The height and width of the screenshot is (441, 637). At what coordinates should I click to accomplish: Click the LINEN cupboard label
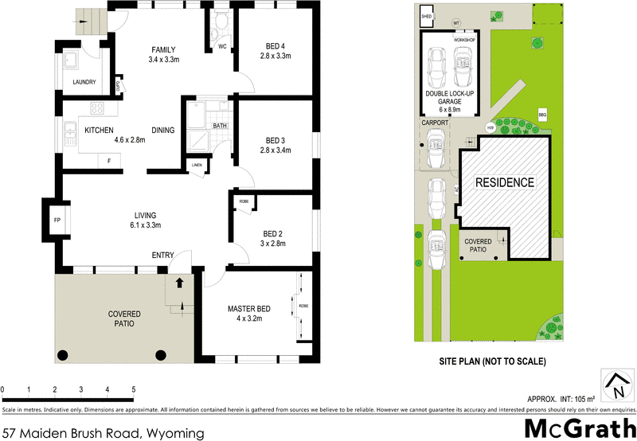pyautogui.click(x=197, y=166)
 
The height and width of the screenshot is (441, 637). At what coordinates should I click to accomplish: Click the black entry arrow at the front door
pyautogui.click(x=179, y=282)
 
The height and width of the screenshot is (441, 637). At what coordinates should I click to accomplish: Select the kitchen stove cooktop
pyautogui.click(x=97, y=109)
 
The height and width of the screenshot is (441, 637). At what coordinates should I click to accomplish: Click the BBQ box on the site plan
pyautogui.click(x=543, y=115)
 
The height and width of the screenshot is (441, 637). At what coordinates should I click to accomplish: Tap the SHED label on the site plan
pyautogui.click(x=427, y=15)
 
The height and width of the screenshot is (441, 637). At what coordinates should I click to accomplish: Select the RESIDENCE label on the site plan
pyautogui.click(x=505, y=182)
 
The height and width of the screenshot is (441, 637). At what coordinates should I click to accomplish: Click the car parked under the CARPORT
pyautogui.click(x=435, y=149)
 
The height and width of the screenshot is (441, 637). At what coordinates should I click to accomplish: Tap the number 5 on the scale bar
pyautogui.click(x=133, y=389)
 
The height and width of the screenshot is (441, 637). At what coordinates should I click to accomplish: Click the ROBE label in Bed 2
pyautogui.click(x=244, y=202)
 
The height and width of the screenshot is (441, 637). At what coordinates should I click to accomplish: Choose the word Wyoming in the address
pyautogui.click(x=174, y=433)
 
